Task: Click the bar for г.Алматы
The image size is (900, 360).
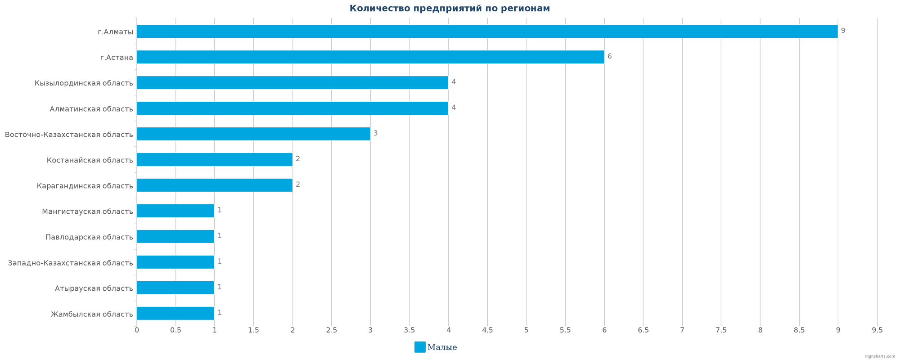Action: pyautogui.click(x=487, y=31)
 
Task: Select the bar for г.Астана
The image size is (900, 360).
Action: pyautogui.click(x=370, y=57)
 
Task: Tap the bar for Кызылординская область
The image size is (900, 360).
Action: pyautogui.click(x=292, y=83)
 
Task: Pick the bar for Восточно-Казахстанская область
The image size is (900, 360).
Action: pyautogui.click(x=253, y=134)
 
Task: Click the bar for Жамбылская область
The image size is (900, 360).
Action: pyautogui.click(x=175, y=314)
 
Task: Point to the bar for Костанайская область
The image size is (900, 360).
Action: pyautogui.click(x=214, y=160)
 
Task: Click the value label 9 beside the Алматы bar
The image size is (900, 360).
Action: pyautogui.click(x=843, y=31)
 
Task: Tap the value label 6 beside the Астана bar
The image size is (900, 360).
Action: pyautogui.click(x=609, y=57)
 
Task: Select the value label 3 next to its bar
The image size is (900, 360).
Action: pyautogui.click(x=375, y=134)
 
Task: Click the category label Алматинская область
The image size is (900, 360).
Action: pyautogui.click(x=91, y=109)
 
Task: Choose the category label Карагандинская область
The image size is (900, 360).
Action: pyautogui.click(x=85, y=186)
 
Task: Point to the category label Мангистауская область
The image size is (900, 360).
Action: pyautogui.click(x=87, y=211)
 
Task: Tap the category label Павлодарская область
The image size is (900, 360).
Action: pyautogui.click(x=89, y=237)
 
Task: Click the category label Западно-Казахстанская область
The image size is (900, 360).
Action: pyautogui.click(x=70, y=263)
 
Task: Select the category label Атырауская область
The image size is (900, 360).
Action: pyautogui.click(x=94, y=288)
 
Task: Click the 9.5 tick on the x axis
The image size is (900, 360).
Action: pyautogui.click(x=877, y=330)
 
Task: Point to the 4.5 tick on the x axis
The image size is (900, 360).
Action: pyautogui.click(x=487, y=330)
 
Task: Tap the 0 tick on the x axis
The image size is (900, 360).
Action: pyautogui.click(x=137, y=330)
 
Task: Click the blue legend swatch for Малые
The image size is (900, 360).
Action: pyautogui.click(x=419, y=347)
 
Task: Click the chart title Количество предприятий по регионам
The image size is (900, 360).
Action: pyautogui.click(x=450, y=9)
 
